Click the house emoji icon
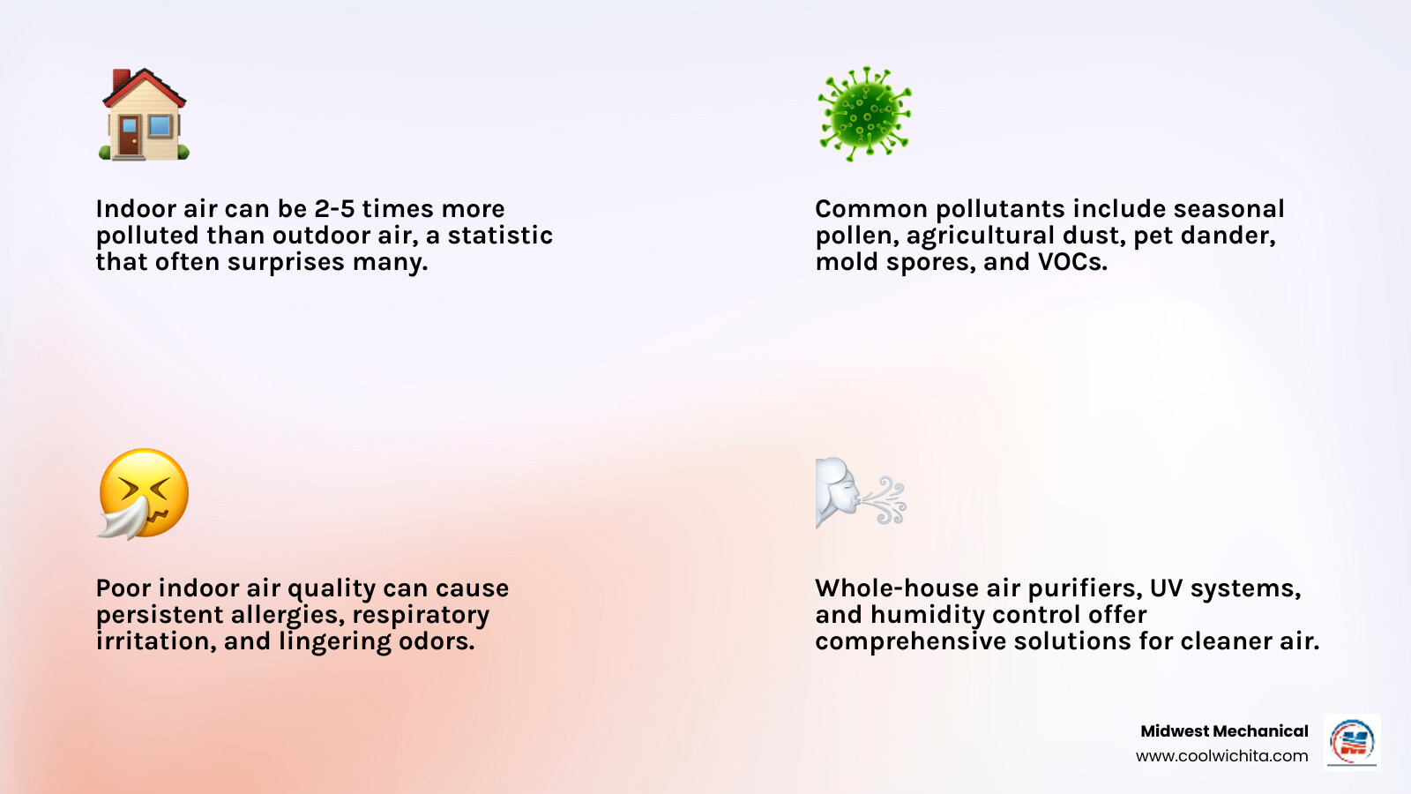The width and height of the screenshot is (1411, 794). [x=144, y=116]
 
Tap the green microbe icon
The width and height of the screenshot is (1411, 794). [x=864, y=114]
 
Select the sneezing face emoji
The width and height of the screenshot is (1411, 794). [x=144, y=494]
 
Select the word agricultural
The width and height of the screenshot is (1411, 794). [x=976, y=236]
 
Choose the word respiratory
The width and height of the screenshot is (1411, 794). [x=421, y=615]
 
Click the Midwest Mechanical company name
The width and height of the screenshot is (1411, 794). [x=1224, y=731]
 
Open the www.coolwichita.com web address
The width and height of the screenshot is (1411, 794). [x=1221, y=756]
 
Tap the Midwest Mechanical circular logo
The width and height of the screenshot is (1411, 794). [x=1352, y=742]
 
